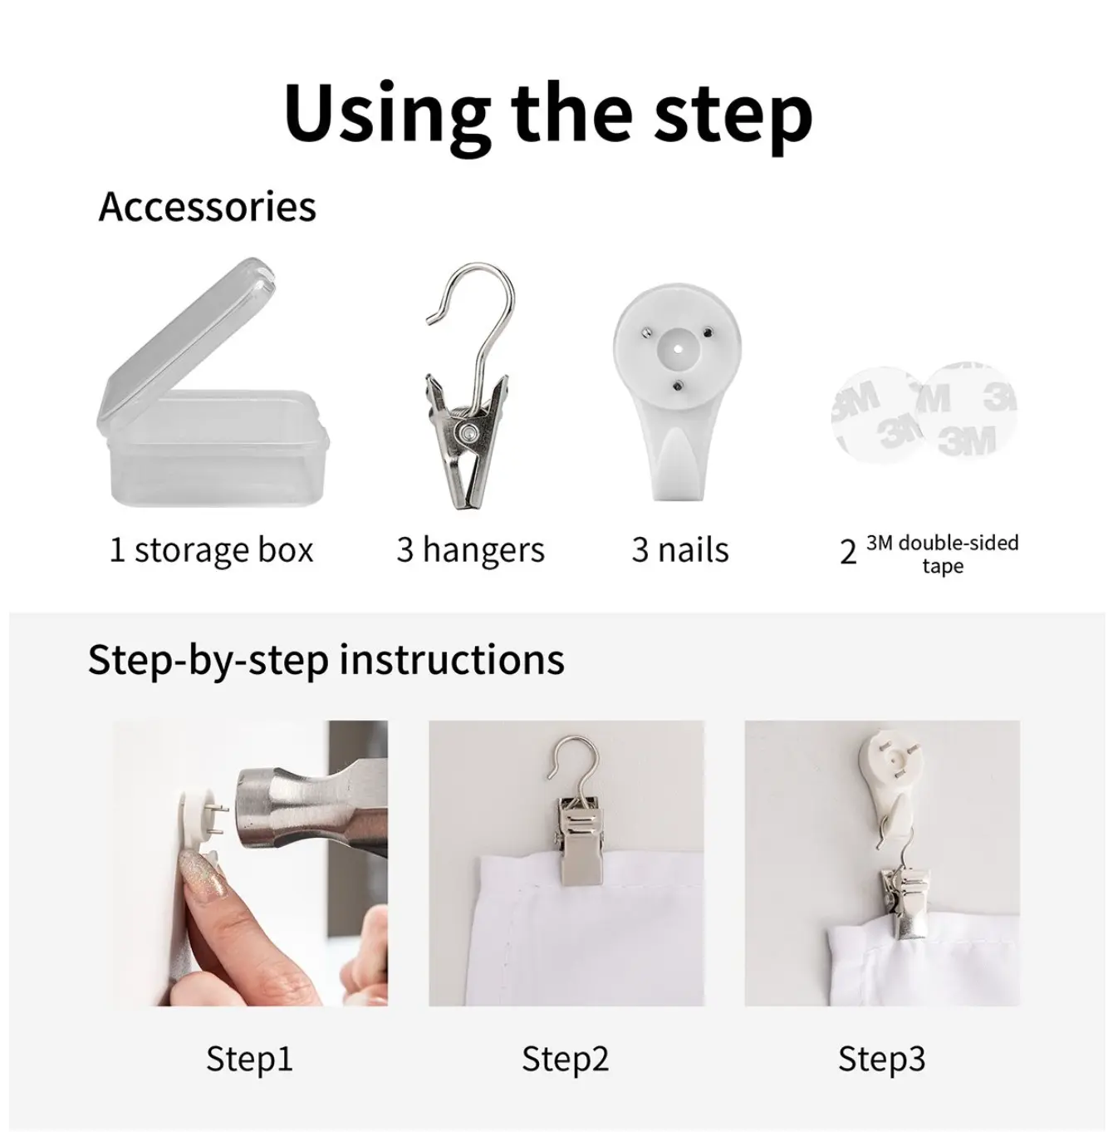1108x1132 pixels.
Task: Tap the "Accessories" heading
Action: click(x=208, y=207)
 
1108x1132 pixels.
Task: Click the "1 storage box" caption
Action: click(x=211, y=550)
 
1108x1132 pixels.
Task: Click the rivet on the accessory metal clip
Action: click(x=468, y=432)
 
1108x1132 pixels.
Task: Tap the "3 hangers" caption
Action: click(x=470, y=550)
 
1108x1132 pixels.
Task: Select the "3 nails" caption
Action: click(x=680, y=550)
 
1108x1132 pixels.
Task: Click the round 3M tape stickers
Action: click(x=924, y=412)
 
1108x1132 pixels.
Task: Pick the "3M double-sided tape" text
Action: click(x=943, y=554)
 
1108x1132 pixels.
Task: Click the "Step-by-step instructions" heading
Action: click(x=326, y=660)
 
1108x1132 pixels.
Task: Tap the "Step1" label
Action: click(x=249, y=1059)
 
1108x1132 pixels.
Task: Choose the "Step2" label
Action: click(x=565, y=1059)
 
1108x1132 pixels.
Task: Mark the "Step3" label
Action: click(x=881, y=1059)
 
